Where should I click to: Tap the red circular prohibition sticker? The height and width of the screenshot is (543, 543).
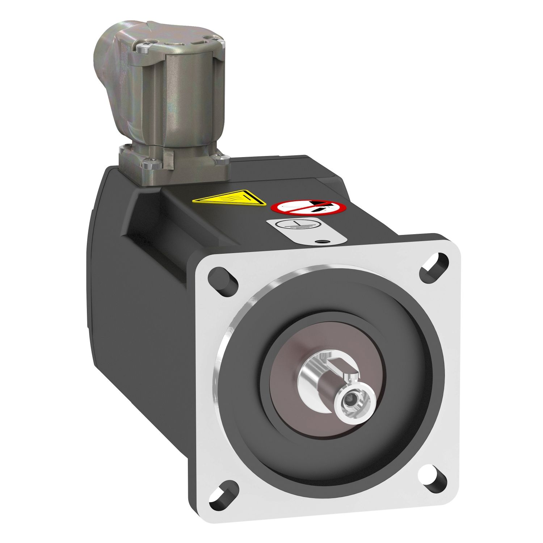tap(309, 208)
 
